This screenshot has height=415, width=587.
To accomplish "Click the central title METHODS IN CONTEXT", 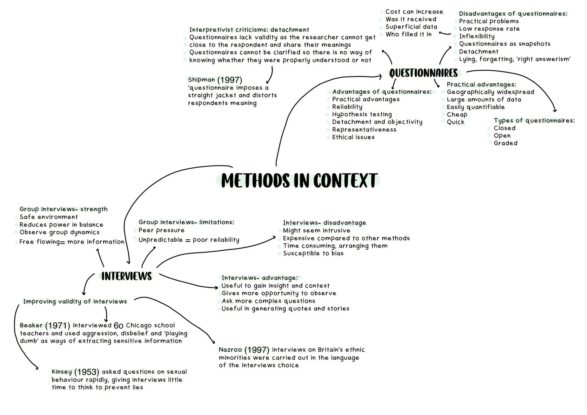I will coord(299,181).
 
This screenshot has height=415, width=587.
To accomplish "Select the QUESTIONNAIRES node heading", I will coord(423,73).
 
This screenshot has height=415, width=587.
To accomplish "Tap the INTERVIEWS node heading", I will coord(126,276).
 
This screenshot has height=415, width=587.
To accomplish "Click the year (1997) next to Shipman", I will coord(229,80).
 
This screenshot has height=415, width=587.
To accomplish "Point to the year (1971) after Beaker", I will coord(58,325).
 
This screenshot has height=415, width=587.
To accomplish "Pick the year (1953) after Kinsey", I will coord(86,372).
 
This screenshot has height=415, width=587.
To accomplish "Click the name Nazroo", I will coord(230,350).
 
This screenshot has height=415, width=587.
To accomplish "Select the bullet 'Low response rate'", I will coord(489,29).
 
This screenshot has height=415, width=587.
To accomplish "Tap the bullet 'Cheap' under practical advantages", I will coord(457,115).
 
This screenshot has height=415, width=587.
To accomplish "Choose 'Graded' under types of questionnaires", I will coord(506,143).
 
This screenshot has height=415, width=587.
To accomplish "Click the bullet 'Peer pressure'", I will coord(161,230).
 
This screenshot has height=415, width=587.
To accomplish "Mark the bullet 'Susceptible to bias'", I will coord(313,253).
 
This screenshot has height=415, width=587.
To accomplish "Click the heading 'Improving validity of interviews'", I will coord(75,301).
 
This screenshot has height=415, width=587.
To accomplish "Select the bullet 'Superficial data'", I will coord(411,27).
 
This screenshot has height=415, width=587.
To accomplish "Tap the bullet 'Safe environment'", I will coord(48,217).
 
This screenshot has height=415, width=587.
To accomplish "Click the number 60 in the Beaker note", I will coord(118,325).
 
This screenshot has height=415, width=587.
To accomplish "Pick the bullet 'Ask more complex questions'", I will coord(268,301).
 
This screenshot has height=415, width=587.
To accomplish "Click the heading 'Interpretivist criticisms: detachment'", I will coord(249,30).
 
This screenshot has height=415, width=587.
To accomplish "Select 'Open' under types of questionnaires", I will coord(502,136).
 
